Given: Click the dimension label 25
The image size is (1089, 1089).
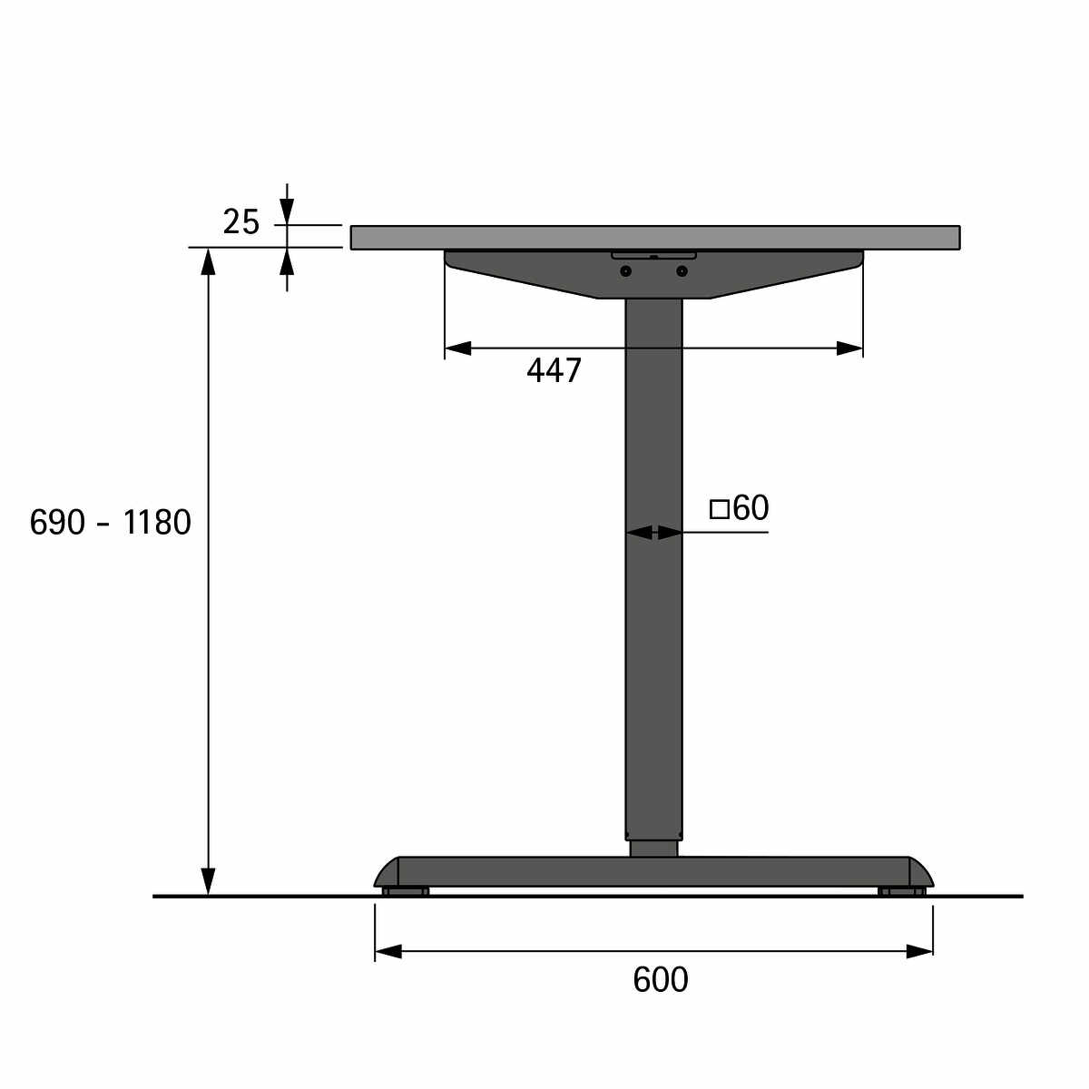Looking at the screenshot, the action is pos(241,222).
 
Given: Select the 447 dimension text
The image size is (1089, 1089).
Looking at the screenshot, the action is pos(554,371).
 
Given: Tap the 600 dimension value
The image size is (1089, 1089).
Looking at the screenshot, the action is pos(661,980).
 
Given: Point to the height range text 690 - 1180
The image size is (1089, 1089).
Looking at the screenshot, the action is pos(110,522).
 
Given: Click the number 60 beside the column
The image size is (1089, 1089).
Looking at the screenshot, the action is pos(751,507).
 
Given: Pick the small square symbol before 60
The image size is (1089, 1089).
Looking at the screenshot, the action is pos(720,509).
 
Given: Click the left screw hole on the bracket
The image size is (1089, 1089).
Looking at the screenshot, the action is pos(625,271).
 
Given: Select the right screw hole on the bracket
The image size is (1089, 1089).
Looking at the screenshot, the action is pos(682,271).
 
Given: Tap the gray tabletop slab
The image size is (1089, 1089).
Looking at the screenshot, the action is pos(655,238).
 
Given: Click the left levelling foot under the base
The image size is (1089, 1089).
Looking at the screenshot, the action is pos(406,892).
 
